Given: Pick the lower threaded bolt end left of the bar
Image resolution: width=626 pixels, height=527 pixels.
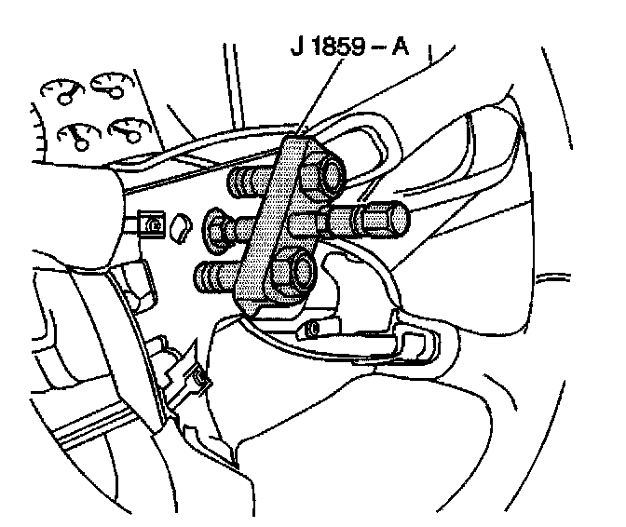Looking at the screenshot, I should point(216,276).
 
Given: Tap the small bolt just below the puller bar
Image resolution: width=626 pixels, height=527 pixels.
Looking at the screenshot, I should point(311,328).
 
